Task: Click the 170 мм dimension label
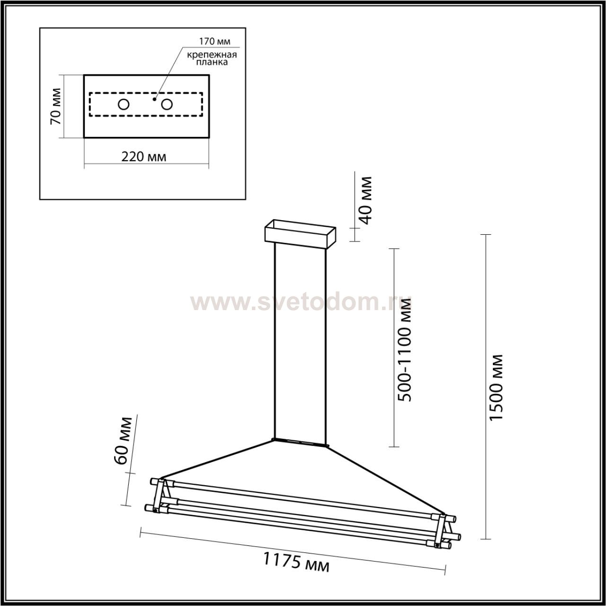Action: [x=215, y=41]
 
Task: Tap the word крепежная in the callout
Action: [x=212, y=55]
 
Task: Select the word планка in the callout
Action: [x=212, y=62]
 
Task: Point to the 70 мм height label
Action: [x=56, y=107]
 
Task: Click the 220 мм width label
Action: [x=144, y=157]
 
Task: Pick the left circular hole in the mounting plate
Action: [x=124, y=105]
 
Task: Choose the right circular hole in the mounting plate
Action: [x=167, y=105]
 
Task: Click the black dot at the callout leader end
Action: [x=154, y=99]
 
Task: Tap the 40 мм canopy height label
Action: [x=366, y=200]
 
